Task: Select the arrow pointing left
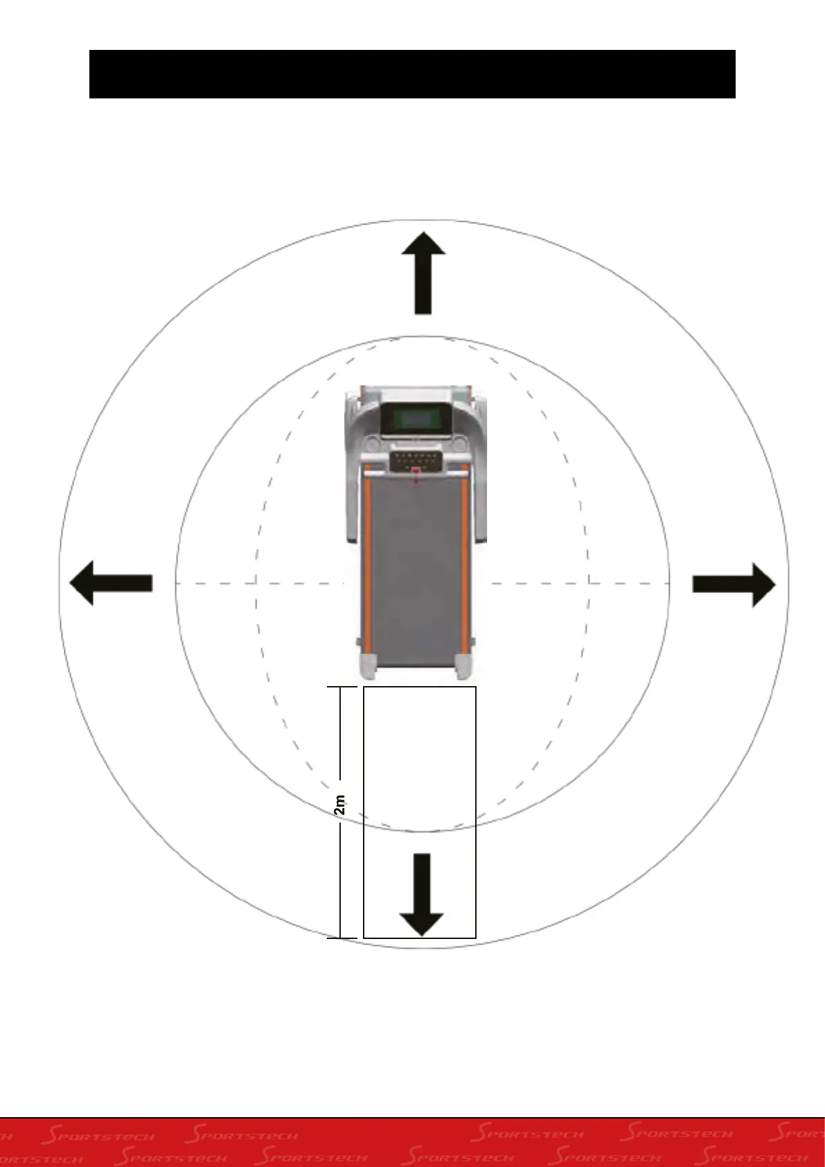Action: (x=111, y=583)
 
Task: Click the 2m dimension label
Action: (x=339, y=805)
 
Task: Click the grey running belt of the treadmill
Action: (x=416, y=575)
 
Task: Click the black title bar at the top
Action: (x=412, y=74)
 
